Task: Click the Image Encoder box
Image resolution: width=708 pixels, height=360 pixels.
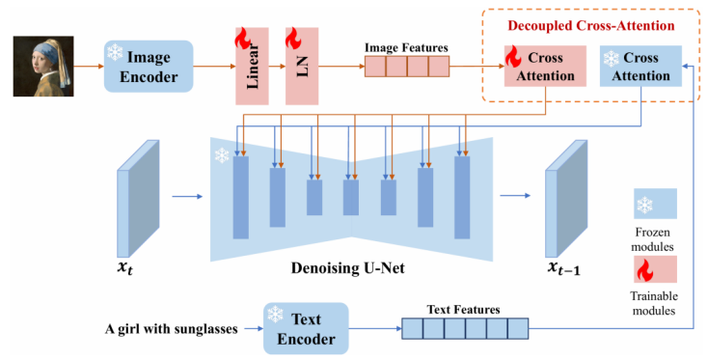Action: (x=149, y=67)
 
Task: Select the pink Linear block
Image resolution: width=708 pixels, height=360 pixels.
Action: (x=252, y=66)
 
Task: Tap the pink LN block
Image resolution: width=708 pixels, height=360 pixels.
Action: (x=302, y=66)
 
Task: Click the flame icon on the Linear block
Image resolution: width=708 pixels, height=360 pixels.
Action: (x=243, y=38)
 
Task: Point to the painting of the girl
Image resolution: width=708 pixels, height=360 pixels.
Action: (x=43, y=67)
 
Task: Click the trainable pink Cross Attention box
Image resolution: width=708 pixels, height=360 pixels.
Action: (x=545, y=66)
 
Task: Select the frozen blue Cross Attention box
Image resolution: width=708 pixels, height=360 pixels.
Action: (x=640, y=66)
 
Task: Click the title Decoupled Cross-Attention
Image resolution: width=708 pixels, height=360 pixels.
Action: (x=591, y=25)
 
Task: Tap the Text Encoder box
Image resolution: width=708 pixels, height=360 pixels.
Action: (x=306, y=328)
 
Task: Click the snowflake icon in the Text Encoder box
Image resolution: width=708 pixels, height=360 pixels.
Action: (x=275, y=314)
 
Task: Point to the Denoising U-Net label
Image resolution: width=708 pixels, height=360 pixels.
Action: (x=347, y=268)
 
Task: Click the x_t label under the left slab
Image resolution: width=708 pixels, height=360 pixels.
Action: (x=125, y=268)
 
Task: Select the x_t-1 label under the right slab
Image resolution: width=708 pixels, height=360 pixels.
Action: (x=564, y=268)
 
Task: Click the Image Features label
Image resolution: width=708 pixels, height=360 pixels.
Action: (x=406, y=47)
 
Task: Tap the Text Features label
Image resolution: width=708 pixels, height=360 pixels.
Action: (x=463, y=310)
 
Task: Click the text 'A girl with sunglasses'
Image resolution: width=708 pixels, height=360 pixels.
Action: (x=171, y=329)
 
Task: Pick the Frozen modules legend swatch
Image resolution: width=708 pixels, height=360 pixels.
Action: (x=655, y=204)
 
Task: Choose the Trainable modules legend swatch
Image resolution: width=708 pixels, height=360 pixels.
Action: (x=655, y=269)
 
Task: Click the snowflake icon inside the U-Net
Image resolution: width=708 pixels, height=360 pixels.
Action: (x=222, y=155)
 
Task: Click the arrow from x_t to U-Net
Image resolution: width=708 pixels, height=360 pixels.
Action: (x=187, y=197)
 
